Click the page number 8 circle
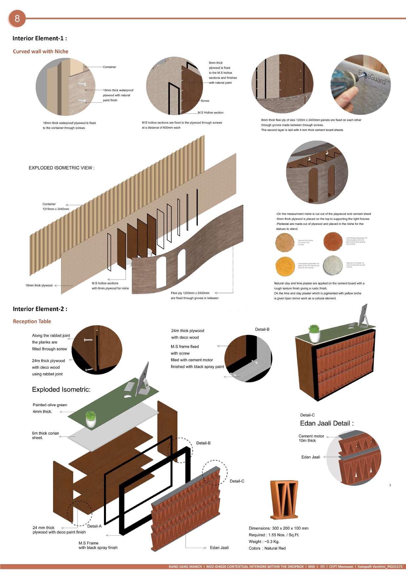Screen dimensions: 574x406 coord(17,18)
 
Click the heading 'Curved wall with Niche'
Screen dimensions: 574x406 coord(41,51)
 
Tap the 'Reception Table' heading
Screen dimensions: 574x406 coord(32,321)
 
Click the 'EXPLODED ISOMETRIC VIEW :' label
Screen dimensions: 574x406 coord(61,168)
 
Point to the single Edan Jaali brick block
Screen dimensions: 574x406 coord(284,499)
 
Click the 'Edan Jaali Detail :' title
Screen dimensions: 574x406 coord(327,423)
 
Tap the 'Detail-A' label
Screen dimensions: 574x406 coord(94,526)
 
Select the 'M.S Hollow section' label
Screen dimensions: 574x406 coord(211,113)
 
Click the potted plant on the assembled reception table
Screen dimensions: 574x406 coord(314,333)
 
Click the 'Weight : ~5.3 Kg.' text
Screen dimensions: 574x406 coord(264,542)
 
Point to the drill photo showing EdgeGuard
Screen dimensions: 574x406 coord(360,85)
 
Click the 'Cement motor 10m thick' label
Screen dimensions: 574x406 coord(311,438)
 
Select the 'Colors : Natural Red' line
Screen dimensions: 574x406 coord(267,548)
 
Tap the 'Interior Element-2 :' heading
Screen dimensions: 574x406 coord(40,309)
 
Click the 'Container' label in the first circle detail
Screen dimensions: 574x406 coord(110,67)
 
